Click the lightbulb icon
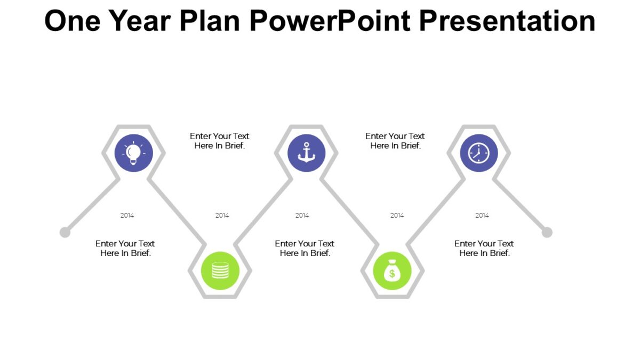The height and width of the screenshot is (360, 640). point(134,153)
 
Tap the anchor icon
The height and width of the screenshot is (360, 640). point(306,153)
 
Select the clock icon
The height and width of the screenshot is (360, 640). point(478,153)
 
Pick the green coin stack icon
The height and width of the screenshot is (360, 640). point(220,271)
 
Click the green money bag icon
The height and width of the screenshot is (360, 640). point(392,271)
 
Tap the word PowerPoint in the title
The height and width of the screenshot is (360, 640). point(331,21)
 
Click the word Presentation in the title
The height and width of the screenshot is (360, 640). point(507,21)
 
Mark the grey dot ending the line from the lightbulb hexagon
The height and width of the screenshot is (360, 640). point(65,232)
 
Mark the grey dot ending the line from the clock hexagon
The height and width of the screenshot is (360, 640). point(547,232)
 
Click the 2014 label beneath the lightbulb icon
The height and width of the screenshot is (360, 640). point(127,215)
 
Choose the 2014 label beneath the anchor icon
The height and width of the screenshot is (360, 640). point(302,215)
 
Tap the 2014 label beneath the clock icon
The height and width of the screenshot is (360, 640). point(482,215)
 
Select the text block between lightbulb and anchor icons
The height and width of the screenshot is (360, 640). point(219,141)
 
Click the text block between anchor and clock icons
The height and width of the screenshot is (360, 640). point(395,141)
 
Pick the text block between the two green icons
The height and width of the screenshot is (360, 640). point(305,248)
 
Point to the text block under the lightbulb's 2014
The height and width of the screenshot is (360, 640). point(125,248)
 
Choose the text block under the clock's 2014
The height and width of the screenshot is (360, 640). point(484,248)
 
